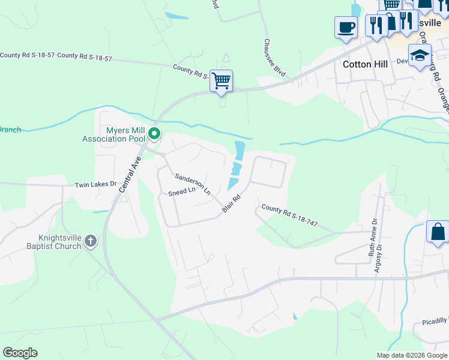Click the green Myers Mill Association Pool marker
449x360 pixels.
(x=154, y=134)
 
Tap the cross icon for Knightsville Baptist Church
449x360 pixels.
(x=91, y=241)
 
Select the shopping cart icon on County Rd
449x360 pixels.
(x=221, y=80)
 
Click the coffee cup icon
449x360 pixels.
(x=346, y=27)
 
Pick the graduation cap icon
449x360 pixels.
(x=420, y=55)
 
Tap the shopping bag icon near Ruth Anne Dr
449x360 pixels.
(x=438, y=232)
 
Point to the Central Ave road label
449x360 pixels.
(x=130, y=175)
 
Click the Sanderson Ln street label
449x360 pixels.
(x=193, y=184)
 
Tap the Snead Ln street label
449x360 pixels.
(x=182, y=191)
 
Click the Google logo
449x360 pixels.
(x=20, y=353)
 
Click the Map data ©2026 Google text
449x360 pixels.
(x=411, y=355)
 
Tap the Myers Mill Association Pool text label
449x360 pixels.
(x=113, y=134)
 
